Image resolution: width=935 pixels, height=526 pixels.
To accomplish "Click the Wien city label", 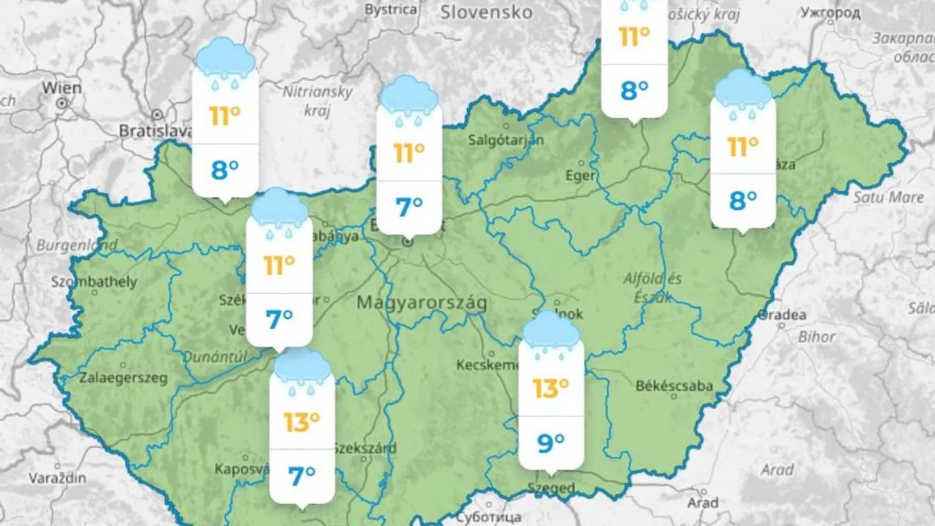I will [62, 88].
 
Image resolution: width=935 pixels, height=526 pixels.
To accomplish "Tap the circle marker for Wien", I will [62, 103].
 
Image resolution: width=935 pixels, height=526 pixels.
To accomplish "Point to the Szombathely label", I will [94, 282].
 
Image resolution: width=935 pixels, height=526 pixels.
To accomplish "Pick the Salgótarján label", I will [506, 139].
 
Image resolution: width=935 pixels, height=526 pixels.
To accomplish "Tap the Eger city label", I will [580, 176].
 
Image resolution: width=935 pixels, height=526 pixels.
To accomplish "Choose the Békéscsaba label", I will [674, 386].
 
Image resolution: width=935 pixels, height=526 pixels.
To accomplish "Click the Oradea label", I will [782, 315].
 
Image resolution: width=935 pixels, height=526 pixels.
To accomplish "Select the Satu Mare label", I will [888, 198].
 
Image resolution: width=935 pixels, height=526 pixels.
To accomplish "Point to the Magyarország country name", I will [422, 303].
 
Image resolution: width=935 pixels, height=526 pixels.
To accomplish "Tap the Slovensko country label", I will [487, 12].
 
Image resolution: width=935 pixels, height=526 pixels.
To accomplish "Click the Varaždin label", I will [58, 478].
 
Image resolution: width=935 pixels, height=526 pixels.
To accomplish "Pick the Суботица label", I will [489, 518].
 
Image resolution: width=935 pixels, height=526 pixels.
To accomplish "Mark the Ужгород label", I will [831, 12].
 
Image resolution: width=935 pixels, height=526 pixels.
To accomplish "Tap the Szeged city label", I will [551, 489].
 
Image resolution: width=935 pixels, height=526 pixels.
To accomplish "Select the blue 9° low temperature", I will [550, 442].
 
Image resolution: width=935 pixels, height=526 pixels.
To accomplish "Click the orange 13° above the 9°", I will [550, 389].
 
